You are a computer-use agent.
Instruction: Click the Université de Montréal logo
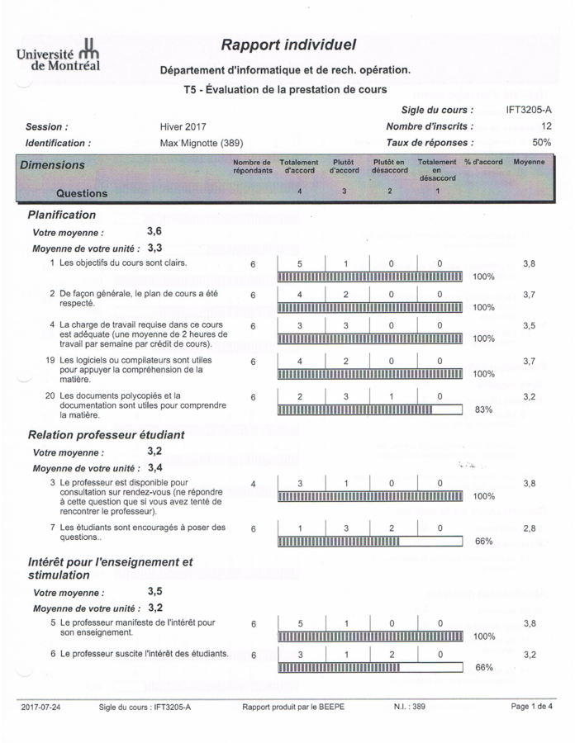pos(58,54)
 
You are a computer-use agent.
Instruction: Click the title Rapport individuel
pos(288,45)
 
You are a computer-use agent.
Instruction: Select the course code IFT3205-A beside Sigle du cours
pos(529,110)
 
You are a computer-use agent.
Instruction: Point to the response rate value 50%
pos(542,143)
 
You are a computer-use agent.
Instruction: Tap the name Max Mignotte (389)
pos(201,143)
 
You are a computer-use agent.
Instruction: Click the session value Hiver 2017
pos(183,127)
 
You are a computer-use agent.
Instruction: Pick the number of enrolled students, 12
pos(546,126)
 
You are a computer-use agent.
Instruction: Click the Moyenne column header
pos(529,163)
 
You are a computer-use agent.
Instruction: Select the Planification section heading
pos(62,215)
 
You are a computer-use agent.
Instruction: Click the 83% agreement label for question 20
pos(483,409)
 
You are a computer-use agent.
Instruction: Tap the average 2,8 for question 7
pos(529,528)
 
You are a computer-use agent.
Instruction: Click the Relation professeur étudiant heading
pos(107,434)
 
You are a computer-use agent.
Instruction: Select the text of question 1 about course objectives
pos(123,263)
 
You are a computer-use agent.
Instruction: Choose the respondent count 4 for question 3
pos(253,484)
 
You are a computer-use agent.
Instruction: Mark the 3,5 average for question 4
pos(529,326)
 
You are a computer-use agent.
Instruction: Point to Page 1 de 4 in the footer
pos(532,707)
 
